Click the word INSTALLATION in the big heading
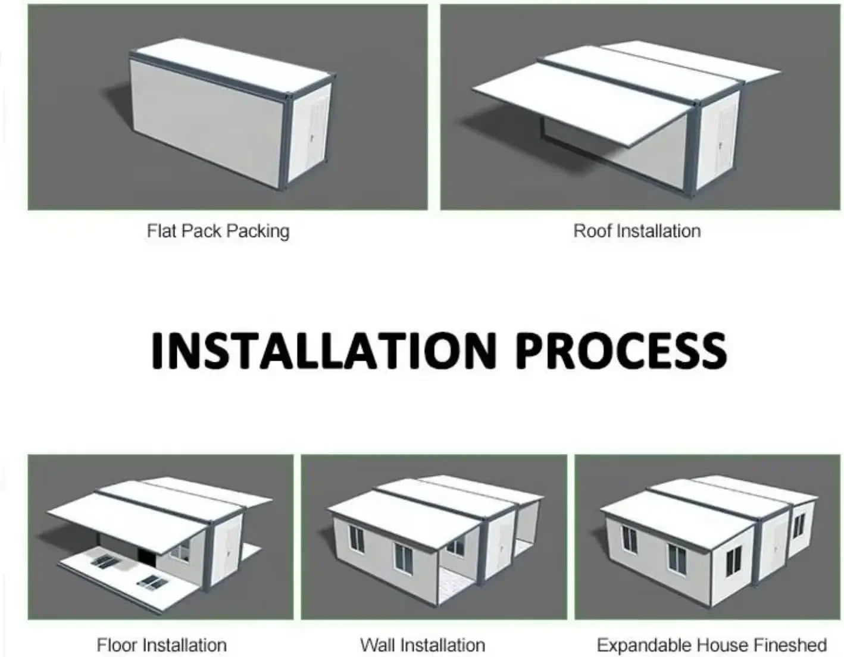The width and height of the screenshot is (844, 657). (x=324, y=351)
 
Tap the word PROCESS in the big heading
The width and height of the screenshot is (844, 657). (x=621, y=351)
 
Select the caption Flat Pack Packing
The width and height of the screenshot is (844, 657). (x=218, y=231)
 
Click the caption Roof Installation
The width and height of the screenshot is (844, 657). (x=637, y=231)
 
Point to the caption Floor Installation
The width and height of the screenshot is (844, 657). (x=161, y=645)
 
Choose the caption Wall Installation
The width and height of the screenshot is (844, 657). (x=423, y=645)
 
